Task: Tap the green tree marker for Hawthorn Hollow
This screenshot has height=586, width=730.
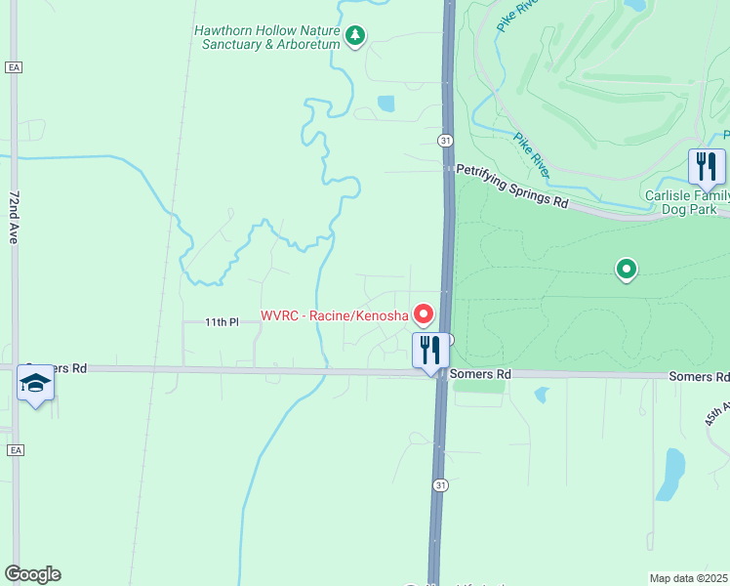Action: point(356,37)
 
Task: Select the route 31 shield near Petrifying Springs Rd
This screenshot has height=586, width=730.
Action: point(445,141)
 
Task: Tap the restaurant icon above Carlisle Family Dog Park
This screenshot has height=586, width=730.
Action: point(706,166)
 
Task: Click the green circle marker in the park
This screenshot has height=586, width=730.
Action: point(626,269)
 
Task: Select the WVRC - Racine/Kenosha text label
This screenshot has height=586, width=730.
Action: point(334,315)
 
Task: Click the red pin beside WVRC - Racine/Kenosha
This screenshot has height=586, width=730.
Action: point(424,314)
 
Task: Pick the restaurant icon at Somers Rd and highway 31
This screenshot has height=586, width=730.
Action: point(430,350)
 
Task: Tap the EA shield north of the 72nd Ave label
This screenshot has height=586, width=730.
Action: point(13,66)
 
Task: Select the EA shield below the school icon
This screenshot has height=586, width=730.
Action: point(13,450)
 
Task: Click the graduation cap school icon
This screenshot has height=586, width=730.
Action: point(35,383)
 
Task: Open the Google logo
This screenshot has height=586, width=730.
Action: point(32,574)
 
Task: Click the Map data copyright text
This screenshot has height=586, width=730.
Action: point(689,577)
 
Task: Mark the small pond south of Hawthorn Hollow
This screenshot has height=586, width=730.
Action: point(385,103)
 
